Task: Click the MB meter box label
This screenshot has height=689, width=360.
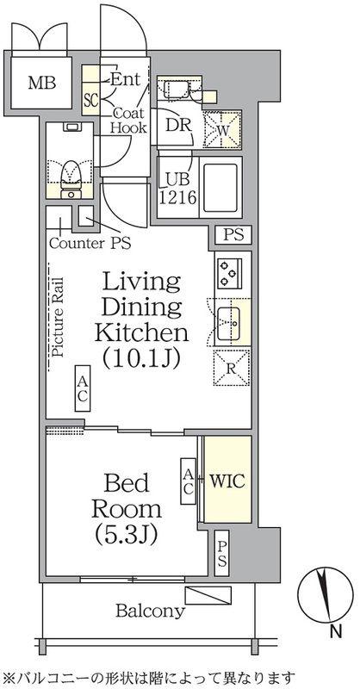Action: pyautogui.click(x=42, y=83)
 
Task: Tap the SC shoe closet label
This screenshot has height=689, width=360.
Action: pyautogui.click(x=90, y=101)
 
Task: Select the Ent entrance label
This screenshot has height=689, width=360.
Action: pyautogui.click(x=125, y=79)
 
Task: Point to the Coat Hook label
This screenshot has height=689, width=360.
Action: pyautogui.click(x=128, y=121)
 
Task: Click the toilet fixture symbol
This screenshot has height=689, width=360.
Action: pyautogui.click(x=71, y=179)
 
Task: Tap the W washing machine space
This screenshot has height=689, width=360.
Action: pyautogui.click(x=222, y=129)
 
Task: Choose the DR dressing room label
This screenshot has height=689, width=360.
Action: pyautogui.click(x=179, y=126)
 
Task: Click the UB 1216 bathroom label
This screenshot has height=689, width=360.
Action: pyautogui.click(x=177, y=189)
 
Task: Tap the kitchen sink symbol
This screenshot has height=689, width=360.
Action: pyautogui.click(x=228, y=324)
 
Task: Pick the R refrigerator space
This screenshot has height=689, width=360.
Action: pyautogui.click(x=232, y=368)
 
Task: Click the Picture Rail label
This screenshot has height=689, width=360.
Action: pyautogui.click(x=58, y=316)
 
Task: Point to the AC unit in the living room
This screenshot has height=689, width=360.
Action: pyautogui.click(x=82, y=388)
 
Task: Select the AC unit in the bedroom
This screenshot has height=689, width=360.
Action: pyautogui.click(x=188, y=481)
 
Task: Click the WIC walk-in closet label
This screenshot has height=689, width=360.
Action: pyautogui.click(x=227, y=481)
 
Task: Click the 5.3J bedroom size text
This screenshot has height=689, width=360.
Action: pyautogui.click(x=126, y=535)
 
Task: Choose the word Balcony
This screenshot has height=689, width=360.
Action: pyautogui.click(x=150, y=611)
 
